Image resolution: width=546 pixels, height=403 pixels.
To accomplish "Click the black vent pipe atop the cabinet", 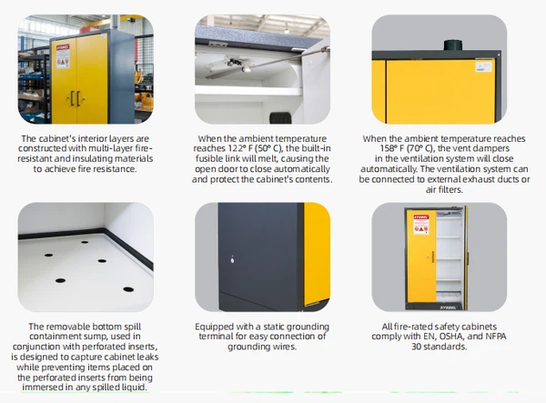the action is (x=452, y=45).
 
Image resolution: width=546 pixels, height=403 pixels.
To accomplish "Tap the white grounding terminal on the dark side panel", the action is (x=232, y=259).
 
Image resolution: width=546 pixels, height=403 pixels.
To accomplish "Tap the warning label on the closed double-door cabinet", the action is (x=63, y=56).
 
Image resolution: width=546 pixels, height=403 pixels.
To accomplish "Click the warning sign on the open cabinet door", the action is (x=421, y=225).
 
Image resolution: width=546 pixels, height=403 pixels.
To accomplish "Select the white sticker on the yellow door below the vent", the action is (x=483, y=66).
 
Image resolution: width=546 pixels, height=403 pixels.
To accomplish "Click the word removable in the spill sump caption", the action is (x=66, y=327).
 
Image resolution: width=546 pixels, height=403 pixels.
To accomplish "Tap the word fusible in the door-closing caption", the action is (x=209, y=158).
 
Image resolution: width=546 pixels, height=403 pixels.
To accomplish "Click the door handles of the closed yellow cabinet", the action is (x=76, y=99).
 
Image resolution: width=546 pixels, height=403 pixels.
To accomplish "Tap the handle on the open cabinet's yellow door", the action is (x=433, y=257).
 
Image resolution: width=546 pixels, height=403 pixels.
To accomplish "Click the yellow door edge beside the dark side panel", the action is (x=317, y=254).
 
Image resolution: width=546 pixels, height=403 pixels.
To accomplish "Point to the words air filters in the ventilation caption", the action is (x=444, y=189).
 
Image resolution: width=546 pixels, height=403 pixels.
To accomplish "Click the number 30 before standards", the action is (x=417, y=347).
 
